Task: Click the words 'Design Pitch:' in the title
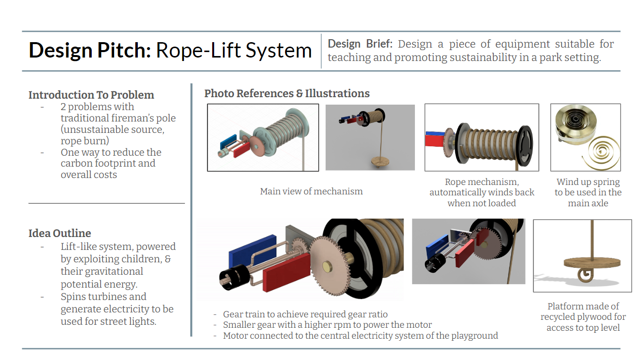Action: click(x=90, y=51)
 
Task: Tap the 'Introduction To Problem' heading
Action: click(x=91, y=95)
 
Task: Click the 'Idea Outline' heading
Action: click(x=59, y=233)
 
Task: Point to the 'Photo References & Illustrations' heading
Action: click(x=287, y=93)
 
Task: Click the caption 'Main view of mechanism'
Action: click(x=311, y=191)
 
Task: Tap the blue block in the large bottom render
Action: click(x=252, y=250)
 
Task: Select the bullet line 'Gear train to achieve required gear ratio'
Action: click(x=305, y=314)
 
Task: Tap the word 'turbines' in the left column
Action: click(x=125, y=297)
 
